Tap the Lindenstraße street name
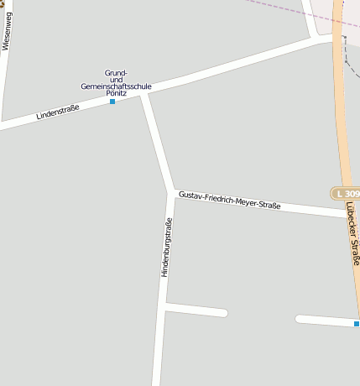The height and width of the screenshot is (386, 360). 57,112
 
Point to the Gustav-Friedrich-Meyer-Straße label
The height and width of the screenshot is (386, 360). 229,200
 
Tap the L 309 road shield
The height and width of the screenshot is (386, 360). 346,194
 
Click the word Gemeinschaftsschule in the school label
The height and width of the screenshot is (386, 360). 116,86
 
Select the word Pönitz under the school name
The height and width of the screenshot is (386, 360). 116,93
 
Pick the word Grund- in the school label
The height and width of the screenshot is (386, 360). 116,72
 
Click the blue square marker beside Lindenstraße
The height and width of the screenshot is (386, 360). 112,102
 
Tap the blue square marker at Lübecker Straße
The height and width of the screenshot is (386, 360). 357,324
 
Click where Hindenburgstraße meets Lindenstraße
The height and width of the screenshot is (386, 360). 145,93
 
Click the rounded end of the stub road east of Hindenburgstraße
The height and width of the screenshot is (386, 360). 223,313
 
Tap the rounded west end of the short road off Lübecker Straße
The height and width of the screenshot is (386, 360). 300,319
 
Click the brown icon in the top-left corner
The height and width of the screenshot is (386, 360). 3,3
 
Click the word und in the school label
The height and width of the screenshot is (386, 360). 116,79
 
